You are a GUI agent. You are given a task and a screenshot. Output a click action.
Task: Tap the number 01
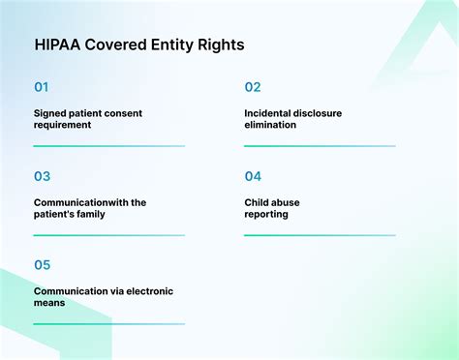click(x=41, y=87)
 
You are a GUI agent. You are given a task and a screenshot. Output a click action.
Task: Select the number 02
click(x=252, y=87)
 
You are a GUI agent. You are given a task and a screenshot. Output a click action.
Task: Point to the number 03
click(x=42, y=176)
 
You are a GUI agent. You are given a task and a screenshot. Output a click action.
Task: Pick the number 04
click(x=253, y=176)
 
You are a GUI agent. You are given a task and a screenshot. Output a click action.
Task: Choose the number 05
click(x=42, y=265)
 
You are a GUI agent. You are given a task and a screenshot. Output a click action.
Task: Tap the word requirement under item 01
click(x=63, y=126)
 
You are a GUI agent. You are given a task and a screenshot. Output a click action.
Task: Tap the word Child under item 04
click(x=258, y=202)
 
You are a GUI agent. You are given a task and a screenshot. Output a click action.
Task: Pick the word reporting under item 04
click(x=266, y=214)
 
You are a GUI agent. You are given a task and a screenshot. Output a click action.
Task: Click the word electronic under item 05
click(x=146, y=290)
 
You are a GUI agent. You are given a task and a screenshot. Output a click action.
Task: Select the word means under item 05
click(x=48, y=303)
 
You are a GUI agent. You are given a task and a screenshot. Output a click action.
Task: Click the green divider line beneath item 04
click(x=320, y=235)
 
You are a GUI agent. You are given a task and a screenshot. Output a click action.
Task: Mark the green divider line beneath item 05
click(x=108, y=324)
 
